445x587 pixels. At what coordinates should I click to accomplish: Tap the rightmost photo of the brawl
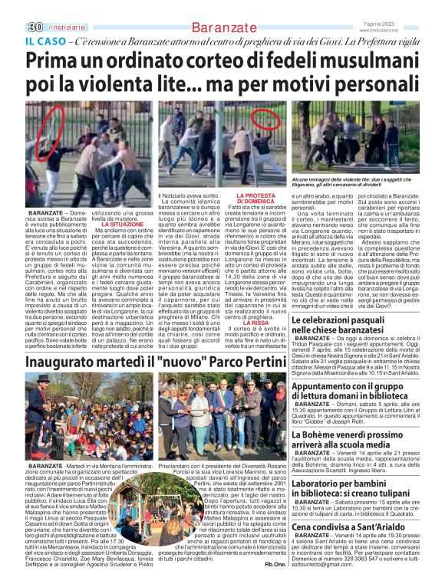355,137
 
